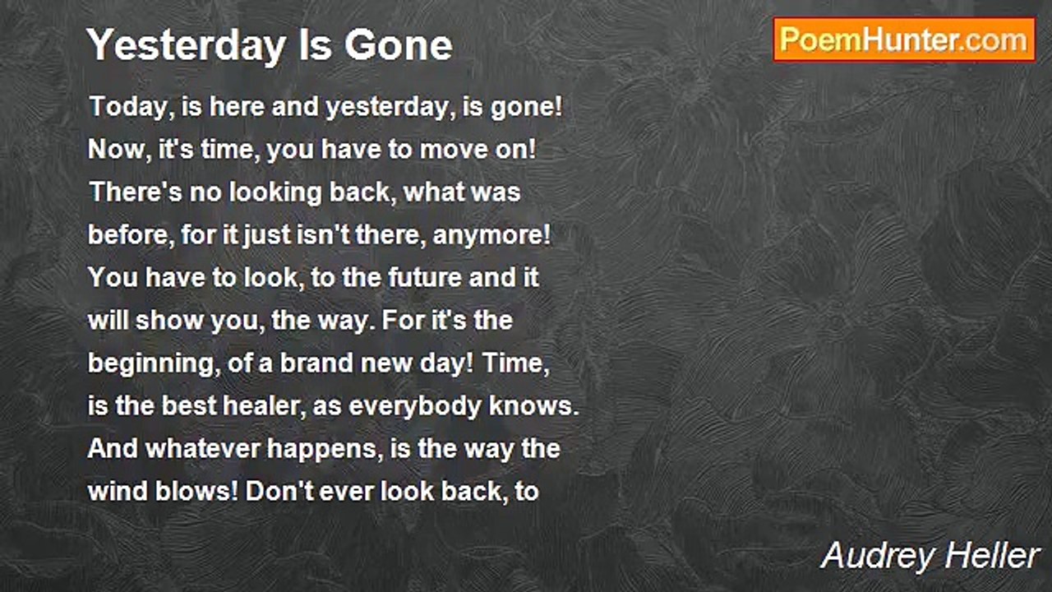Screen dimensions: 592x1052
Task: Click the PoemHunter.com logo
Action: pos(904,39)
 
